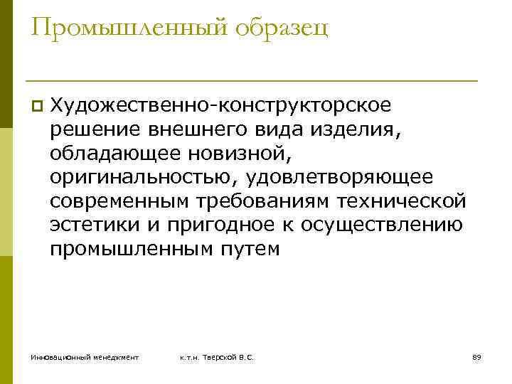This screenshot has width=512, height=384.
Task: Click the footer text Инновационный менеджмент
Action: [x=85, y=357]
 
